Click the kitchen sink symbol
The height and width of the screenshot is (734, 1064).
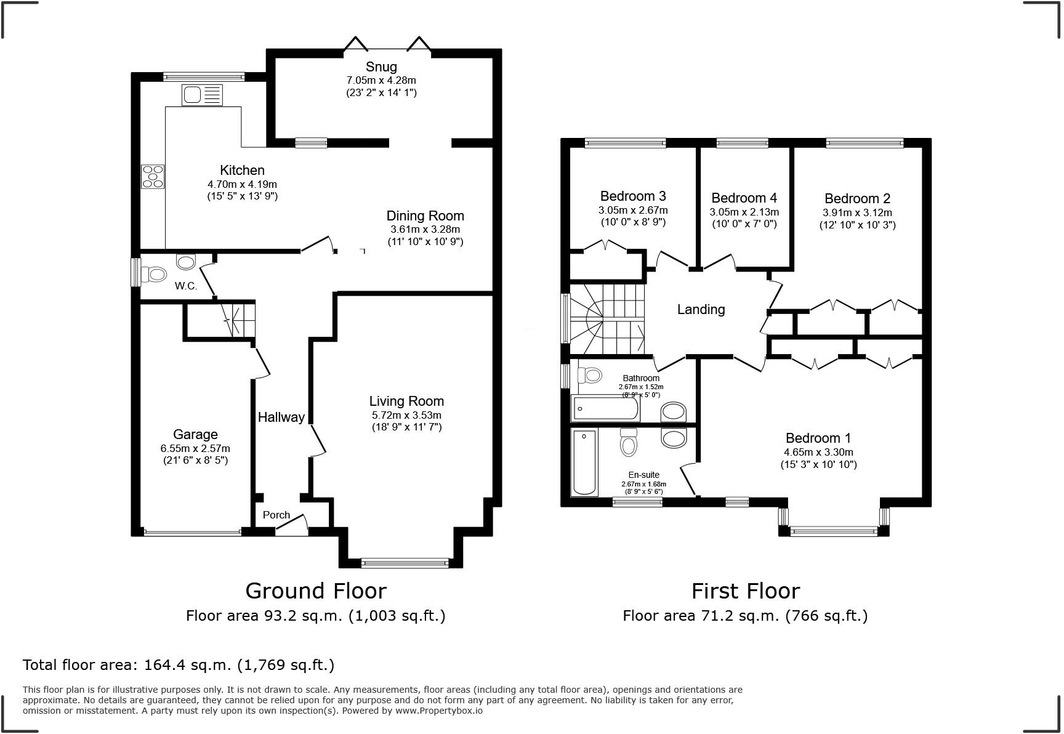click(x=201, y=95)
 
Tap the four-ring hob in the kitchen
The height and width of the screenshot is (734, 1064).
click(x=153, y=176)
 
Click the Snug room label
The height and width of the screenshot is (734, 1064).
click(x=381, y=67)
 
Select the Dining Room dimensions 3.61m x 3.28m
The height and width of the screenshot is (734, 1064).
click(x=425, y=229)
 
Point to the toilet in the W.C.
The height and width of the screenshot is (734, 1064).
click(x=154, y=274)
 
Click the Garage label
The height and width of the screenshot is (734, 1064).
click(x=195, y=434)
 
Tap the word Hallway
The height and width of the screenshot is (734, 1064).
click(x=281, y=417)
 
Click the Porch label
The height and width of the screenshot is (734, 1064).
click(x=276, y=515)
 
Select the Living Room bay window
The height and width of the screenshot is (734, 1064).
click(x=405, y=562)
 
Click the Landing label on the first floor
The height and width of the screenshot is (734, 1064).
click(x=701, y=309)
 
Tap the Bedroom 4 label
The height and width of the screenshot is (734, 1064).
click(x=744, y=198)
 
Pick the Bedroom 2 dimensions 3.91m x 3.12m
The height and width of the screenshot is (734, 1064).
click(x=857, y=212)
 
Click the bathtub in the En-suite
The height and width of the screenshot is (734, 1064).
click(x=584, y=462)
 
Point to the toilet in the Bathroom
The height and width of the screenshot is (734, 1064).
click(x=590, y=374)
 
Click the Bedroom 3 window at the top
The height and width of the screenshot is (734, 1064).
click(x=625, y=143)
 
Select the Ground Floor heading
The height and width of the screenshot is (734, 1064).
click(x=316, y=591)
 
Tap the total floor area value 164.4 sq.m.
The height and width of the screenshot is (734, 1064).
click(x=187, y=664)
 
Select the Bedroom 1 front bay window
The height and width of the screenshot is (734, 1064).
click(x=834, y=530)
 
